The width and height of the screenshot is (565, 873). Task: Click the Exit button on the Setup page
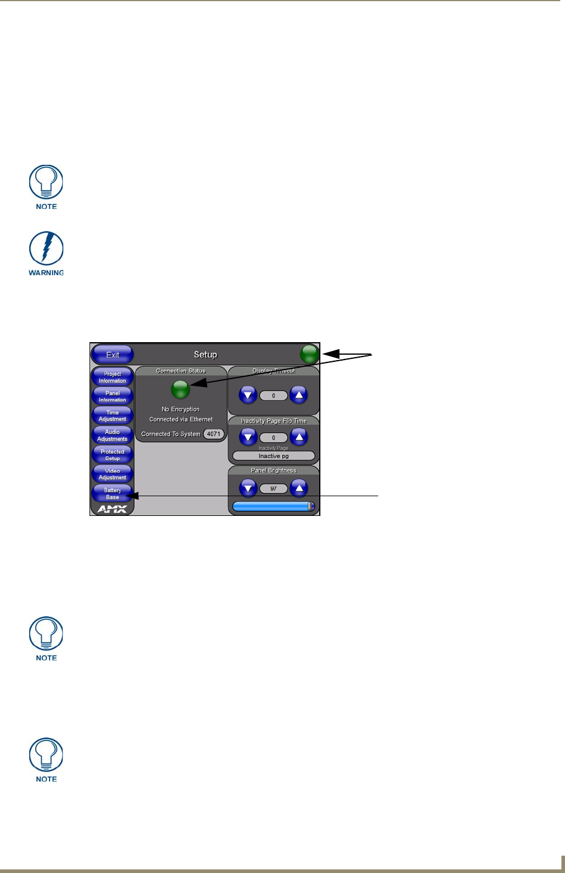point(113,355)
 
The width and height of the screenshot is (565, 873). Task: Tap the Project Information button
point(112,377)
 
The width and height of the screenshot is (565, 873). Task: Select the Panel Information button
point(112,396)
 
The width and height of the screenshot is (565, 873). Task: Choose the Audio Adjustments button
point(112,435)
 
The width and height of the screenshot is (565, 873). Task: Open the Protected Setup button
point(112,455)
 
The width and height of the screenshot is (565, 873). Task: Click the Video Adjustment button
point(112,474)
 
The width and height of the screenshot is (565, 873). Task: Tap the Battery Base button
point(112,494)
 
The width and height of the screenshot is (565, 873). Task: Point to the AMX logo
point(112,509)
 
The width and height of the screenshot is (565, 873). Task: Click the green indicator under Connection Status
point(181,390)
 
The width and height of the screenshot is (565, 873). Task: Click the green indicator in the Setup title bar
point(310,355)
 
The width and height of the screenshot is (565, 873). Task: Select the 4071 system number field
point(214,434)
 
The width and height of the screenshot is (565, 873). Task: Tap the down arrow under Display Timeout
point(248,395)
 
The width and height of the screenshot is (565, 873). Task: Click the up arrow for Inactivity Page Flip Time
point(299,438)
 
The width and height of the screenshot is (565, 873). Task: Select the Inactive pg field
point(274,456)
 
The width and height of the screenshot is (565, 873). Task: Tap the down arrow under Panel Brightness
point(248,488)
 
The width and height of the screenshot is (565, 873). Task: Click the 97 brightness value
point(274,488)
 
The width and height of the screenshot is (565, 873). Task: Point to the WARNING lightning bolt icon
point(46,249)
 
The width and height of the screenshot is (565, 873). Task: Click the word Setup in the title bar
point(205,355)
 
